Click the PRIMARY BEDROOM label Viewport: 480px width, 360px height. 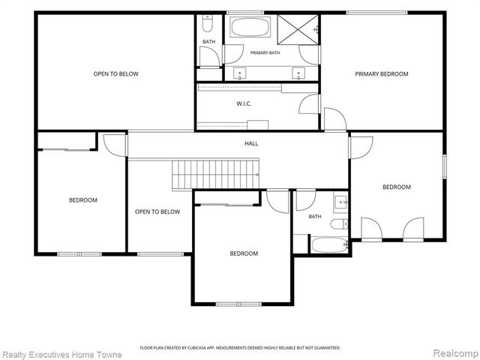(x=382, y=73)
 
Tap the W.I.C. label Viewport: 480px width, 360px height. (x=244, y=103)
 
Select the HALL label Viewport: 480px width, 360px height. (x=251, y=143)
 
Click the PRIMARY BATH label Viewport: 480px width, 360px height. (x=265, y=52)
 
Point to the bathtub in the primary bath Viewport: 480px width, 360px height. (x=250, y=27)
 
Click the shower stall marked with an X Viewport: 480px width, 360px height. (x=298, y=30)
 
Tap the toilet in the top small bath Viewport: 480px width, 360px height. (x=208, y=23)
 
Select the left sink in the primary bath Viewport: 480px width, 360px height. (x=240, y=73)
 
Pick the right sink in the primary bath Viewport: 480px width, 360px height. (x=298, y=73)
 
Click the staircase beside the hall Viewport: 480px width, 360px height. (x=215, y=175)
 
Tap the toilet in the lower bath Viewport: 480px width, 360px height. (x=339, y=224)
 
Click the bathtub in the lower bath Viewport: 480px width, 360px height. (x=330, y=245)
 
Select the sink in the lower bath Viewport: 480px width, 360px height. (x=340, y=202)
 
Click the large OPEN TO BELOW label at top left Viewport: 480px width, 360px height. (x=115, y=73)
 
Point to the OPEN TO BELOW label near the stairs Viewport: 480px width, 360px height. (x=157, y=211)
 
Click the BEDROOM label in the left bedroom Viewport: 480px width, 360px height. (x=83, y=200)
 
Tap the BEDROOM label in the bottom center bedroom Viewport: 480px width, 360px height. (x=244, y=253)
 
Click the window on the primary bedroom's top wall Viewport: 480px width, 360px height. (x=377, y=13)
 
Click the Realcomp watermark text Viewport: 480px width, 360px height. (x=456, y=353)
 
